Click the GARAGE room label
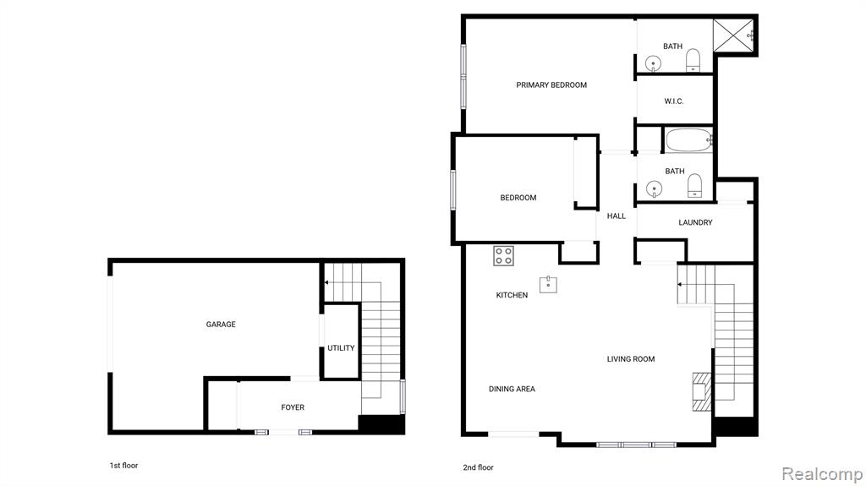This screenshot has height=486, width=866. click(x=221, y=325)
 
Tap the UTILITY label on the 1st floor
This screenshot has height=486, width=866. click(x=341, y=348)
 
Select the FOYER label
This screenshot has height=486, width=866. click(x=293, y=407)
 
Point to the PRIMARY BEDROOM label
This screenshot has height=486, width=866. click(x=551, y=85)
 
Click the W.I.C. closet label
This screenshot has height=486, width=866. click(x=674, y=101)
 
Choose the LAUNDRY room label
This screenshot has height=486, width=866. click(x=695, y=222)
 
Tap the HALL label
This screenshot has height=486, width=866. click(x=617, y=216)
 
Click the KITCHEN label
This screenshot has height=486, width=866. click(x=512, y=295)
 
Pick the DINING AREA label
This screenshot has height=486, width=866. click(x=512, y=389)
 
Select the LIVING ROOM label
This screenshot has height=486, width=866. click(x=631, y=359)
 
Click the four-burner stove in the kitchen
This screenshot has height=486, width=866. click(x=504, y=256)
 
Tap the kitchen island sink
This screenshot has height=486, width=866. click(x=548, y=285)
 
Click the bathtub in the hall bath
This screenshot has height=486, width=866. click(x=688, y=140)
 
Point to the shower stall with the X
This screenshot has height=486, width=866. click(x=733, y=35)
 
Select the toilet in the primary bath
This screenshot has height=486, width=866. click(x=693, y=60)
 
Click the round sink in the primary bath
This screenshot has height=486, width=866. click(x=654, y=63)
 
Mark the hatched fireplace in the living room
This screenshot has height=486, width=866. click(x=702, y=391)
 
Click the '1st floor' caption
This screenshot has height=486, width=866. click(x=123, y=466)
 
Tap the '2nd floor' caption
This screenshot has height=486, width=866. click(x=479, y=467)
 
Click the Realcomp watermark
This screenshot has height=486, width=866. click(x=822, y=474)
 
